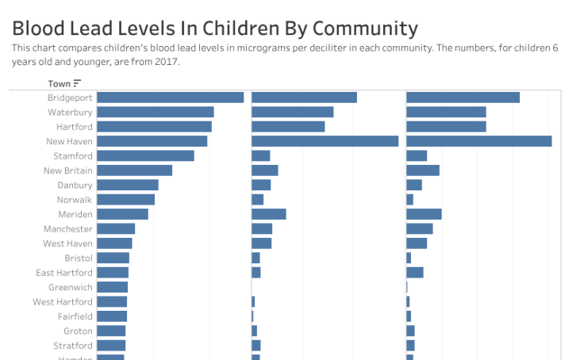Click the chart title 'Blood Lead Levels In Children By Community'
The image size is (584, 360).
(x=214, y=29)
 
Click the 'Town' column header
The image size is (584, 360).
(x=59, y=83)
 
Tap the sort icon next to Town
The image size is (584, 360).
(x=77, y=83)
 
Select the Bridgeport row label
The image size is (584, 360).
(x=70, y=98)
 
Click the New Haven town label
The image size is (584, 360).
(x=69, y=141)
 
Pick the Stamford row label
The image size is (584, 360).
(x=72, y=156)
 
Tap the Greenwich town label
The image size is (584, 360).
(x=70, y=287)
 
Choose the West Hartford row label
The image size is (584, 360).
(x=63, y=302)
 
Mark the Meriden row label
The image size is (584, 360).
(x=75, y=214)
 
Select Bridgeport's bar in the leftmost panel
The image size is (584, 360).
(x=170, y=98)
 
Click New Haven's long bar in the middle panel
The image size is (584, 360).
(x=325, y=141)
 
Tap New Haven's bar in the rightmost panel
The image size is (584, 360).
(x=478, y=141)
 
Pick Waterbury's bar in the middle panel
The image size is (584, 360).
(x=292, y=113)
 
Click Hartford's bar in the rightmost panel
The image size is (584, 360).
(x=446, y=127)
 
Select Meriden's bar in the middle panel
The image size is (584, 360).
(x=268, y=214)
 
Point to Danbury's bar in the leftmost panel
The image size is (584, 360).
(x=128, y=185)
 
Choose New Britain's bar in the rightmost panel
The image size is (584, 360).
(x=422, y=170)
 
